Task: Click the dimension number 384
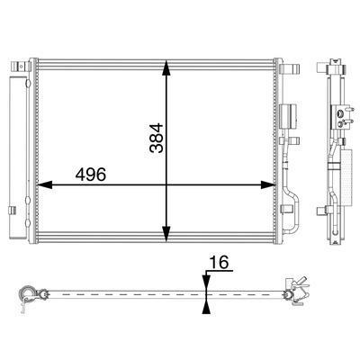point(157,138)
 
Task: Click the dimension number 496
point(91,175)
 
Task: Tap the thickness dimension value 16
point(219,263)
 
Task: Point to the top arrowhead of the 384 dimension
point(166,67)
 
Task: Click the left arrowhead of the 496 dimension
point(44,185)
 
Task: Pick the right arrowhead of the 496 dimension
point(268,185)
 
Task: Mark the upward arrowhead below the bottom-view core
point(206,307)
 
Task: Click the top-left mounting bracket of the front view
point(21,66)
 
